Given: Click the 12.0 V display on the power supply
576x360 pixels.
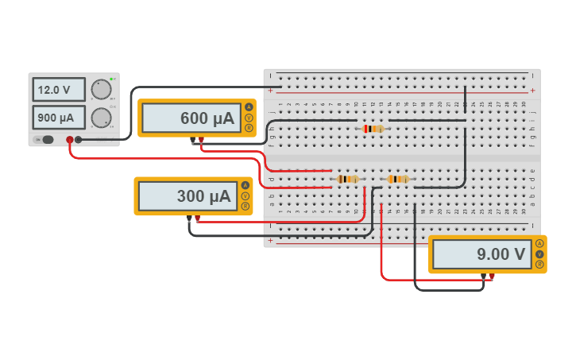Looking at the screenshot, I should tap(58, 90).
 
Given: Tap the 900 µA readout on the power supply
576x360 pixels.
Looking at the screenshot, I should tap(58, 118).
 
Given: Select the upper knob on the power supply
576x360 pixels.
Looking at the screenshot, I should tap(101, 89).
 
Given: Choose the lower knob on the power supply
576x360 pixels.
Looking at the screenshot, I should tap(101, 118).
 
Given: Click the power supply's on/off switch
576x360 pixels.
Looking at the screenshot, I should tap(47, 140).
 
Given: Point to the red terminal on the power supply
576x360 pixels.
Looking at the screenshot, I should tap(70, 140).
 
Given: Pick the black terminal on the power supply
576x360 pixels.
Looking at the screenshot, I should tap(79, 140).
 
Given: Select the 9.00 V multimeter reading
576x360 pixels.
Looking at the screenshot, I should tap(481, 254).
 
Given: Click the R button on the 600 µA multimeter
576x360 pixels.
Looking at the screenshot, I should tap(249, 128).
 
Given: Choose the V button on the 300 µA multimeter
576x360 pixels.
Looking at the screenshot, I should tap(245, 195).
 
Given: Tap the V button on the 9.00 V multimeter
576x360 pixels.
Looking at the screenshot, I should tap(539, 254).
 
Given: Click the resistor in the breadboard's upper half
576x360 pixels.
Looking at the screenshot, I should tap(372, 129).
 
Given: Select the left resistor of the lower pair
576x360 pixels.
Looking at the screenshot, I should tap(347, 180).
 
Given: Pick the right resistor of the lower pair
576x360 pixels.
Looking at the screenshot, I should tap(397, 180).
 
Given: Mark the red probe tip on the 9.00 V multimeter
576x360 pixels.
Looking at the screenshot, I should tap(493, 277).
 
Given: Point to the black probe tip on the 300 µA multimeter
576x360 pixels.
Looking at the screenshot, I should tap(189, 218).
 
